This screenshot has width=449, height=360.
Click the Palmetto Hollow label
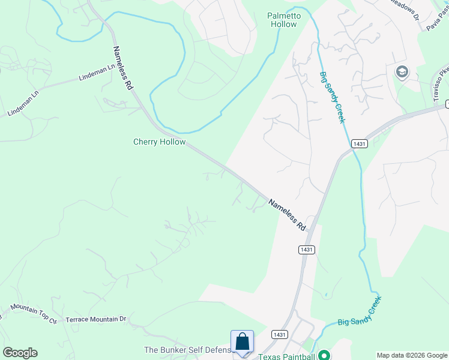click(282, 20)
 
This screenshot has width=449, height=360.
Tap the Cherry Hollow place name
click(159, 142)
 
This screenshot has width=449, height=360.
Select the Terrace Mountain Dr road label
click(96, 319)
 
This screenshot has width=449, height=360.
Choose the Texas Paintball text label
click(286, 356)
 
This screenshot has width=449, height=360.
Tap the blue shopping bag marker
click(242, 342)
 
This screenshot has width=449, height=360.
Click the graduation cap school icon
click(402, 73)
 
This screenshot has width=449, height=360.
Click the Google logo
click(20, 353)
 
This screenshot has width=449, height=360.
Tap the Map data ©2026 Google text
click(412, 355)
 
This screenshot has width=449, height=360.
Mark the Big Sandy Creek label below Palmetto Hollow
click(332, 98)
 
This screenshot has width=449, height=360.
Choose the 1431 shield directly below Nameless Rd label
click(306, 249)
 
